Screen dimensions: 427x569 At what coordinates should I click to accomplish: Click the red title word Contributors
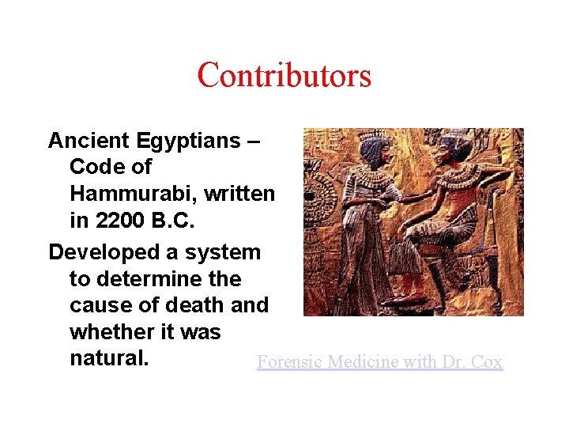[x=284, y=76]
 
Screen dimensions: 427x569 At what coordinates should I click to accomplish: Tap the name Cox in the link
[x=487, y=362]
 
